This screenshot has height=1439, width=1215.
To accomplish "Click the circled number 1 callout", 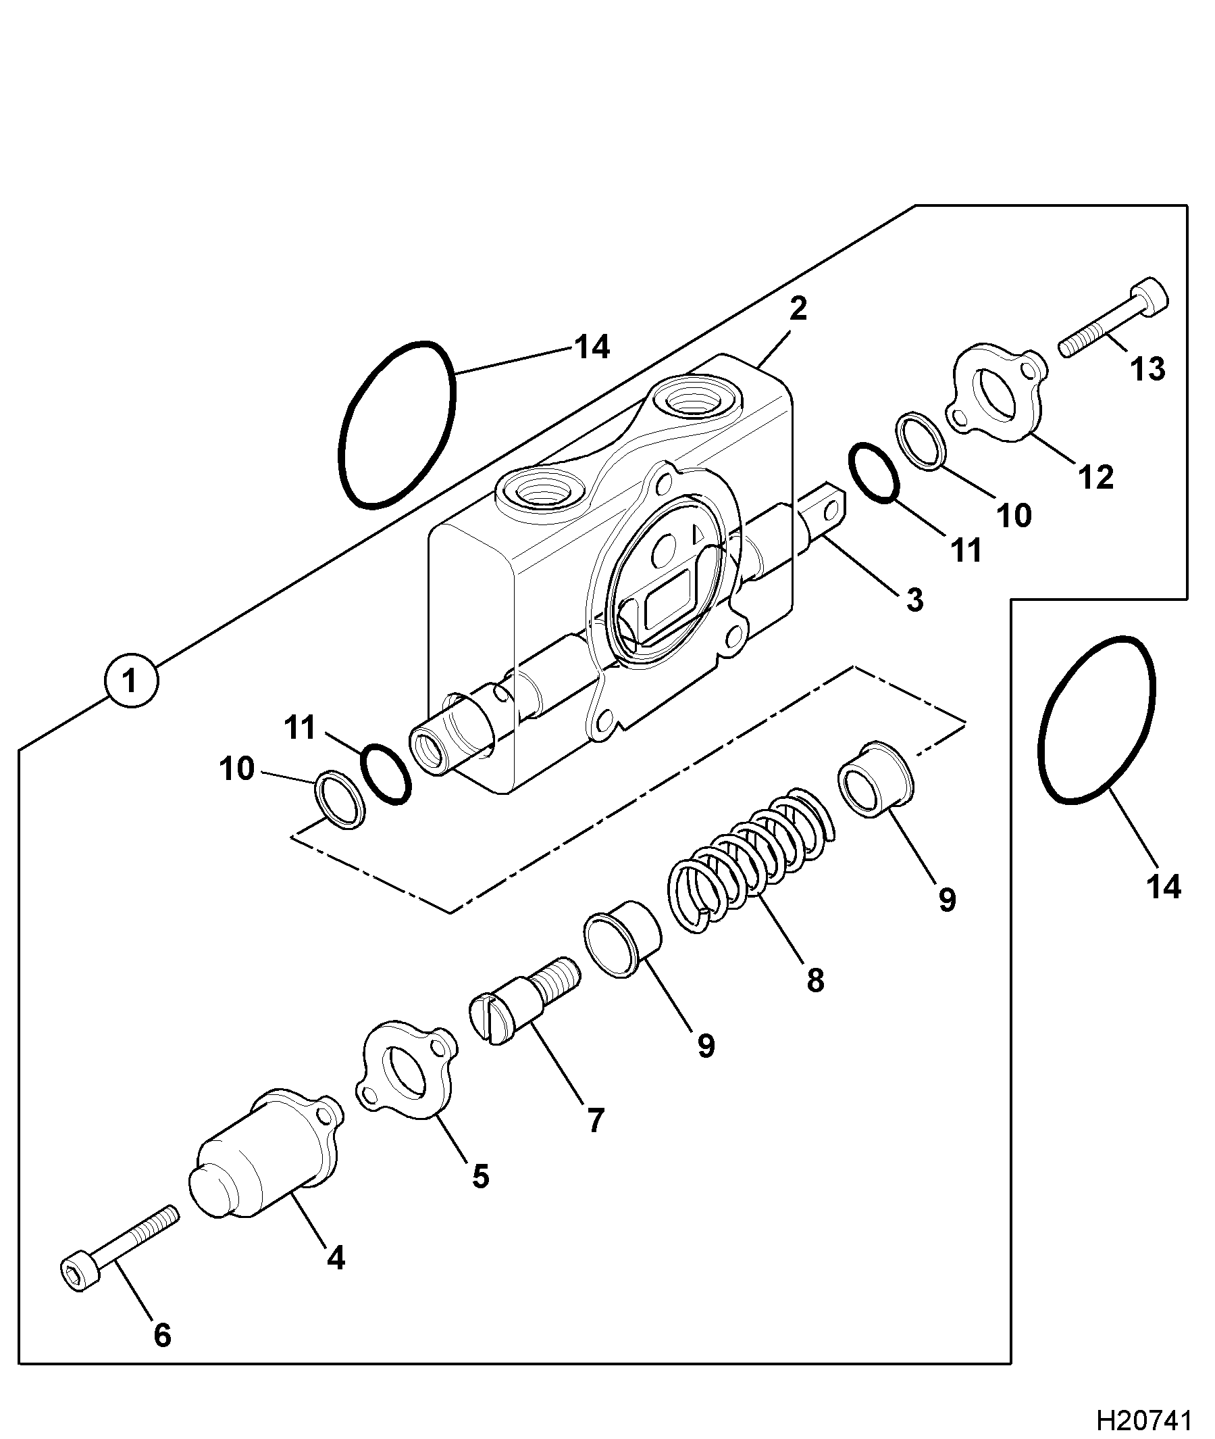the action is [x=131, y=681].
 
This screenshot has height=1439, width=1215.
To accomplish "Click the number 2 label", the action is [x=798, y=310].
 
